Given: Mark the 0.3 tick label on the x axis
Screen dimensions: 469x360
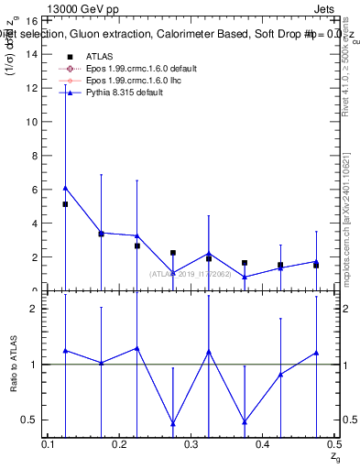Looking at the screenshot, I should coord(191,445).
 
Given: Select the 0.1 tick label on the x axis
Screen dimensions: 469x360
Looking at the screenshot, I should coord(49,445).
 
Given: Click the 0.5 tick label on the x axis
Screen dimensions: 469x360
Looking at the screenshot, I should coord(333,445).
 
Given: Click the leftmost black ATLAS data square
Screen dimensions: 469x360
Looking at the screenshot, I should coord(65,204).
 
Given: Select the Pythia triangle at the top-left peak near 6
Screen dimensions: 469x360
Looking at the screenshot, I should coord(65,188).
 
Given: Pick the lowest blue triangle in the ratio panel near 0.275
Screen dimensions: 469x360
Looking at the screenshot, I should coord(173,424).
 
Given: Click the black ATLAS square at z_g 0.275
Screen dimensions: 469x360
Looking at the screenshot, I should coord(173,253).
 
